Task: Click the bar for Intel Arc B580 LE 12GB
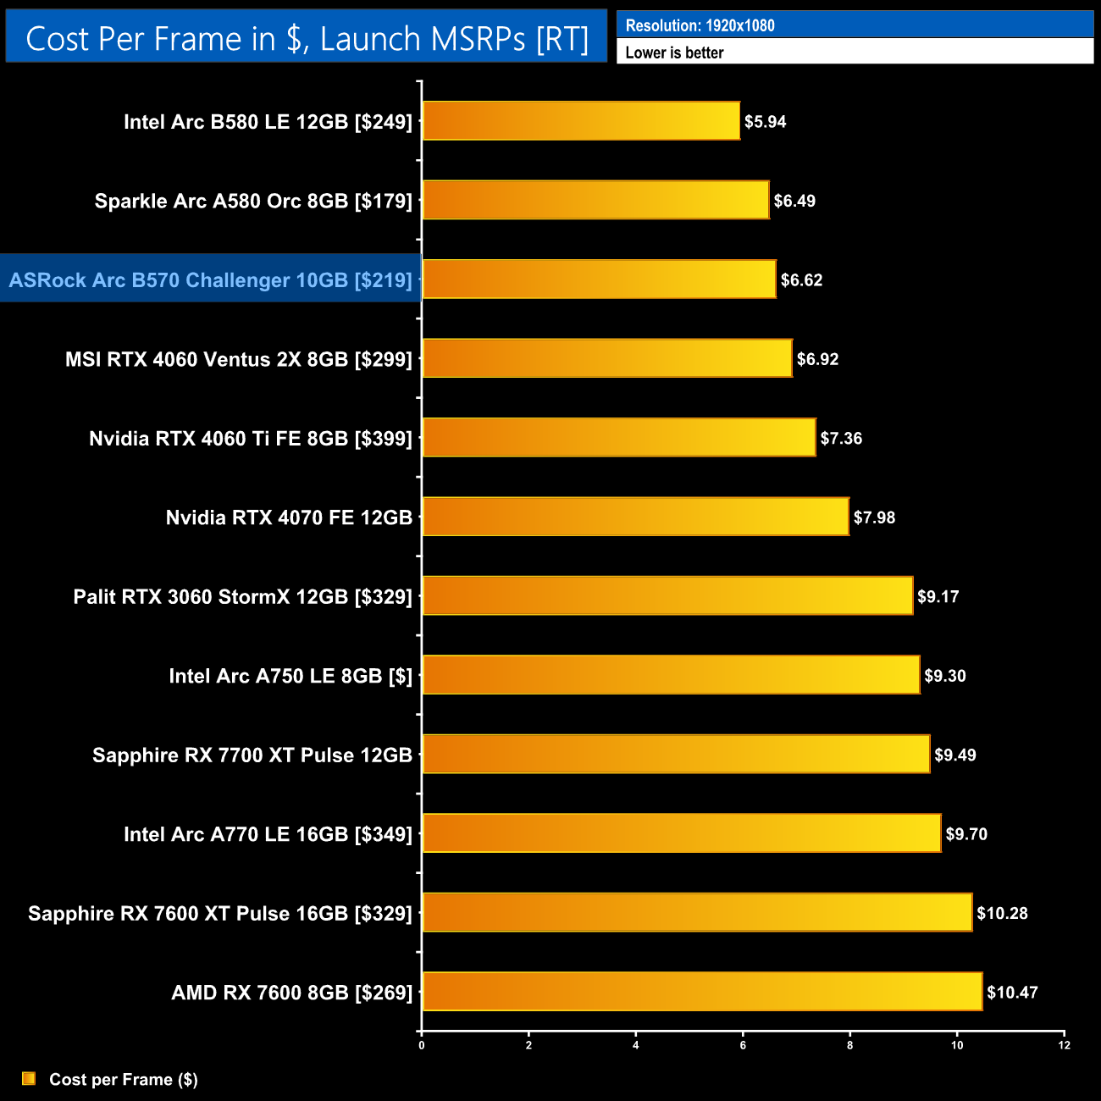pos(581,121)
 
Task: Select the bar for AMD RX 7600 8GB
pos(702,992)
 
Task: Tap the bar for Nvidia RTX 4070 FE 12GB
pos(635,517)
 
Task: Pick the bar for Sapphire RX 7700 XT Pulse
pos(676,755)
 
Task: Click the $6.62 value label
pos(801,280)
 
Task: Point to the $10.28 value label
pos(1002,914)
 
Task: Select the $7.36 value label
pos(841,439)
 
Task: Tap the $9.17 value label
pos(938,597)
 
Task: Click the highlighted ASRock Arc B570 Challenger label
pos(210,280)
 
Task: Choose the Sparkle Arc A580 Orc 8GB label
pos(253,202)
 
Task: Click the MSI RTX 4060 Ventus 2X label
pos(239,360)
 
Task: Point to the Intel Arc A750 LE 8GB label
pos(290,677)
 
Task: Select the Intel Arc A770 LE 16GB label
pos(268,835)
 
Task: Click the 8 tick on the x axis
pos(849,1045)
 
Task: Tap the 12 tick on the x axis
pos(1064,1045)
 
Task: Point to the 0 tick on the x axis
pos(422,1045)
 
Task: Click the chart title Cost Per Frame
pos(307,39)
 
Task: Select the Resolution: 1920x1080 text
pos(700,25)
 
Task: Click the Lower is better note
pos(674,53)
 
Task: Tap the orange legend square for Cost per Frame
pos(29,1078)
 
